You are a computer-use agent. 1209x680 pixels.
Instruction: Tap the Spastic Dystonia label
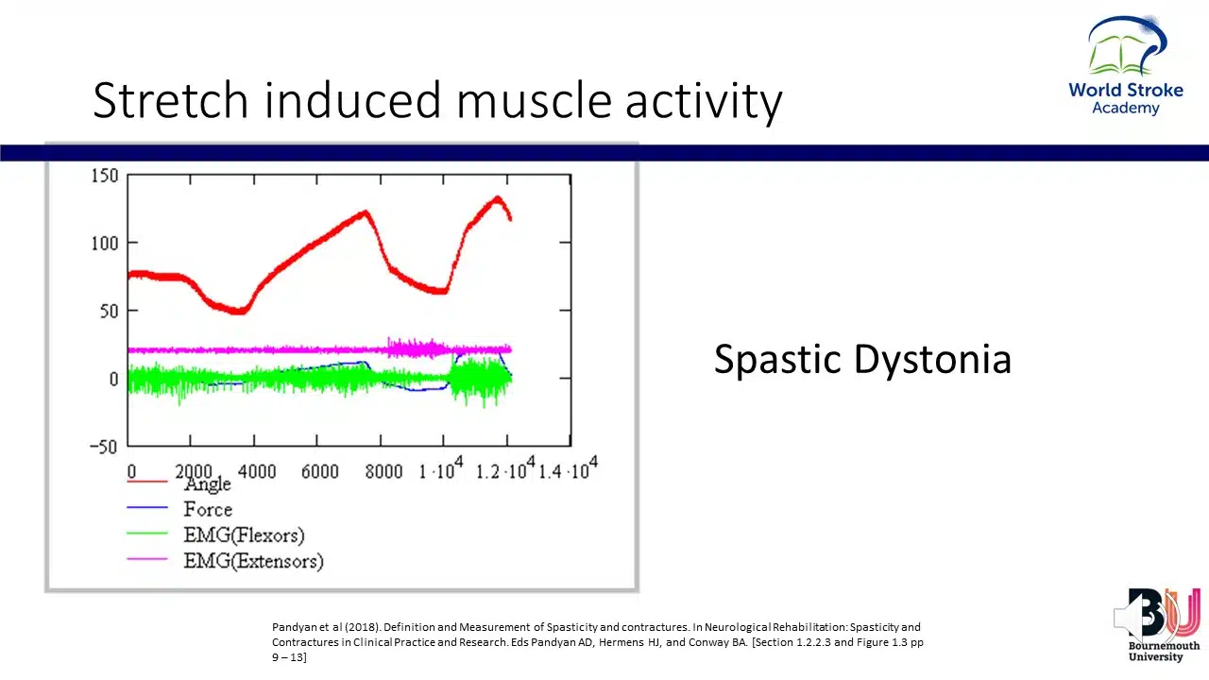tap(861, 360)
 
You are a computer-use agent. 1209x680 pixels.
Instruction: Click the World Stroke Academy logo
tap(1126, 66)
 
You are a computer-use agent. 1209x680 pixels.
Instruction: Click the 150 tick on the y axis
tap(105, 176)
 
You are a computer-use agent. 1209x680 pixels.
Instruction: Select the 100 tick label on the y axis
tap(105, 244)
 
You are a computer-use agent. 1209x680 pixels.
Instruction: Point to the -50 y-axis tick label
tap(102, 447)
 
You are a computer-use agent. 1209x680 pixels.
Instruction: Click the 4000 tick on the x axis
tap(257, 471)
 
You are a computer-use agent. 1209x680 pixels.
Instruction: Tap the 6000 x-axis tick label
tap(320, 471)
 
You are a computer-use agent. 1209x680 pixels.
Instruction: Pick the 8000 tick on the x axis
tap(383, 471)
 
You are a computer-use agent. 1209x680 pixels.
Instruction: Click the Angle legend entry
tap(208, 484)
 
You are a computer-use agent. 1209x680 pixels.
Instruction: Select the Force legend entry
tap(208, 510)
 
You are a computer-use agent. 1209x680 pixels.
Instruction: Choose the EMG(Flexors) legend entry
tap(244, 535)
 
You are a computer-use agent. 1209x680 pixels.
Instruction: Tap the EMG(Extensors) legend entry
tap(253, 561)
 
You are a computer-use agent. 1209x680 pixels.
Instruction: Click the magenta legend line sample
tap(147, 560)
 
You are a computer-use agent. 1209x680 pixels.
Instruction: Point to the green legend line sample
tap(147, 535)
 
